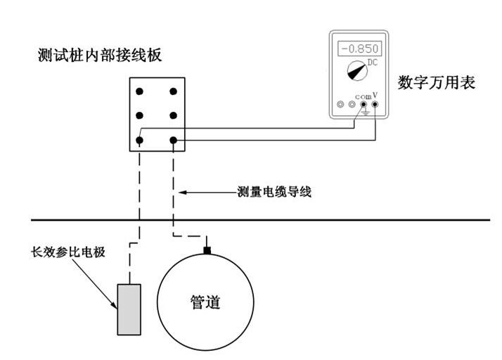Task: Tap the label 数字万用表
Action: pyautogui.click(x=437, y=82)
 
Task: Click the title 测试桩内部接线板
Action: pyautogui.click(x=99, y=56)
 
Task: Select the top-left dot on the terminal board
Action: pyautogui.click(x=140, y=91)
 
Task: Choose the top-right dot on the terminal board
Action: pyautogui.click(x=174, y=91)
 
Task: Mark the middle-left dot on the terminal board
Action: pyautogui.click(x=140, y=116)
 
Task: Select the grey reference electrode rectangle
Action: pyautogui.click(x=129, y=309)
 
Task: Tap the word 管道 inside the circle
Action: pyautogui.click(x=206, y=302)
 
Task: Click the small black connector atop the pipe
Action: pyautogui.click(x=207, y=250)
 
